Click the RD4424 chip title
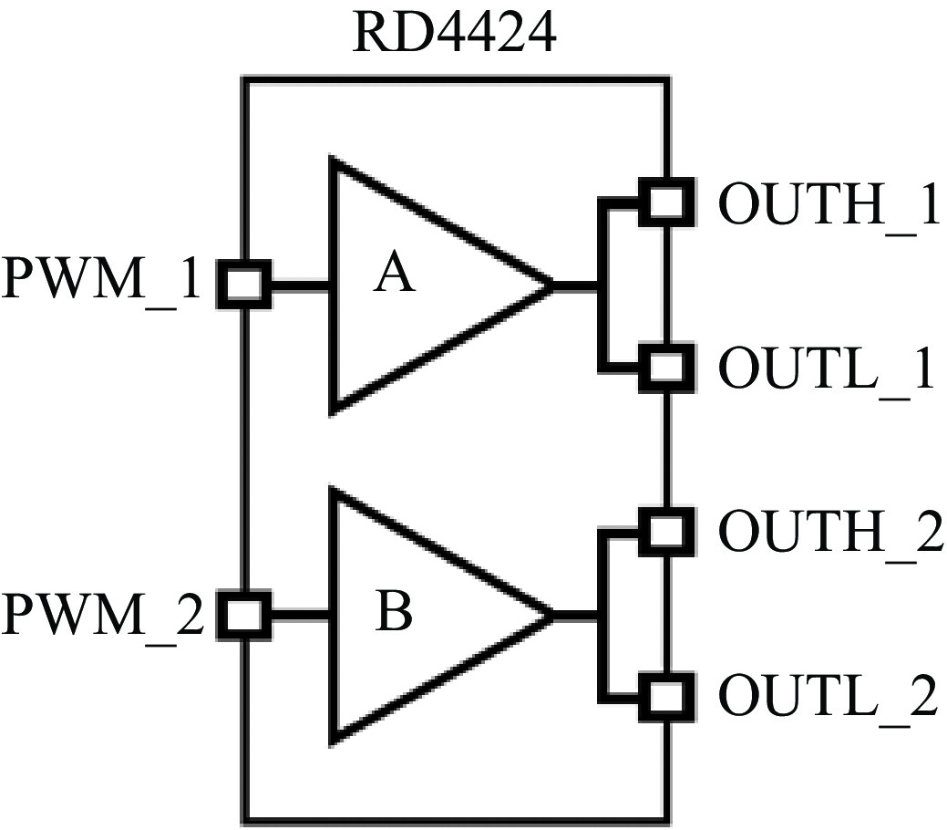454,32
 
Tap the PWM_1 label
101,279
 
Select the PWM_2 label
103,616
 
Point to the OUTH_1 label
829,203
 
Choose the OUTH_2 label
831,532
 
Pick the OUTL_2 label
829,696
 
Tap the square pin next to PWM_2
244,616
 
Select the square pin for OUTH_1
666,202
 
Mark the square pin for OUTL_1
666,368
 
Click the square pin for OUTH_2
666,532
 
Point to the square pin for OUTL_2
666,697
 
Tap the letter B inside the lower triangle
393,611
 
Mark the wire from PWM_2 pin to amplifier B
300,616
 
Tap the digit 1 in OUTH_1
923,203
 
